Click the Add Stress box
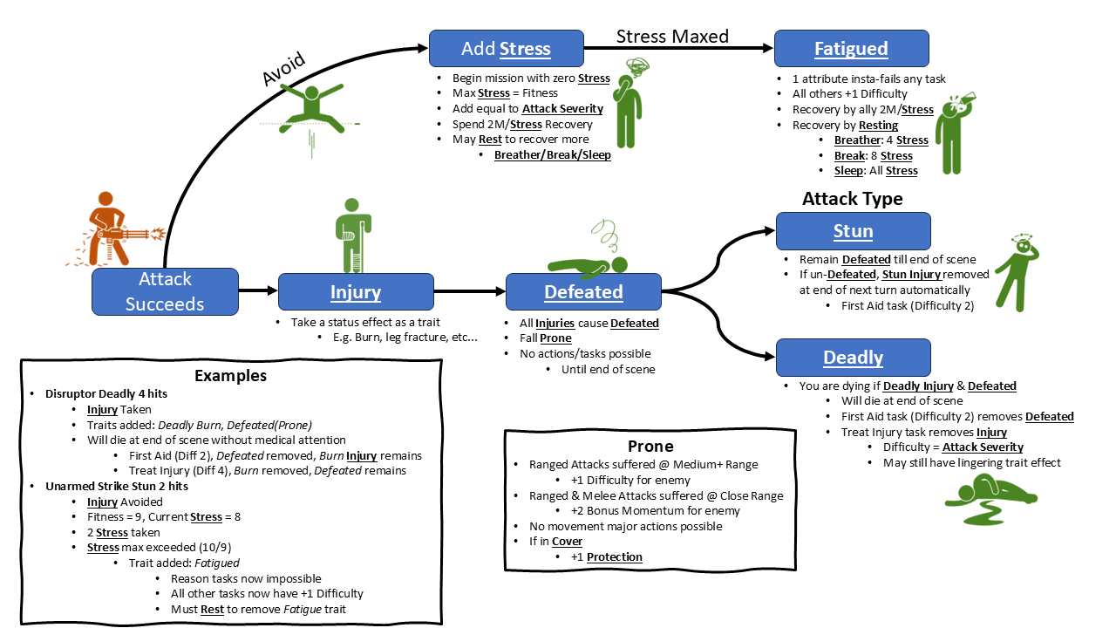pos(506,48)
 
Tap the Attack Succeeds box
pos(165,291)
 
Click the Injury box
pos(356,291)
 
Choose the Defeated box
pos(583,291)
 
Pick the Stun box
pos(853,231)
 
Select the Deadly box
pos(853,358)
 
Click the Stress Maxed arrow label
pos(672,36)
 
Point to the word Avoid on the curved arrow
pos(284,70)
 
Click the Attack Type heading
pos(852,199)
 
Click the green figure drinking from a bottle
pos(953,131)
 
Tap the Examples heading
pos(230,376)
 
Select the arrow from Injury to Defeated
pos(469,291)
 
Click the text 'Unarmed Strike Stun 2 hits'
pos(118,486)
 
